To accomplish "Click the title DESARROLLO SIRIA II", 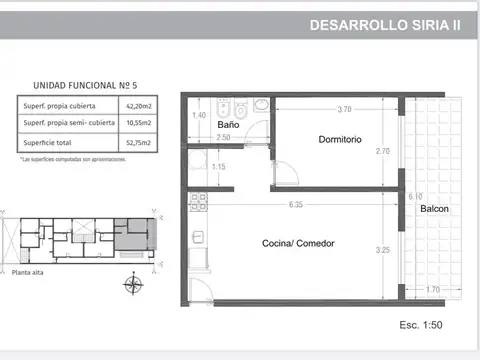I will (x=385, y=26).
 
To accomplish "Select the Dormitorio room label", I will (x=340, y=140).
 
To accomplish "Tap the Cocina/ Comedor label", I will (x=298, y=244).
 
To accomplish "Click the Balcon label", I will (x=434, y=209).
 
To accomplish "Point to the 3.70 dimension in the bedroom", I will (x=344, y=108).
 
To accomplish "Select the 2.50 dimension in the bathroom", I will (x=223, y=137).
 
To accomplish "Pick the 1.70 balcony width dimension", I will (x=433, y=290).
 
